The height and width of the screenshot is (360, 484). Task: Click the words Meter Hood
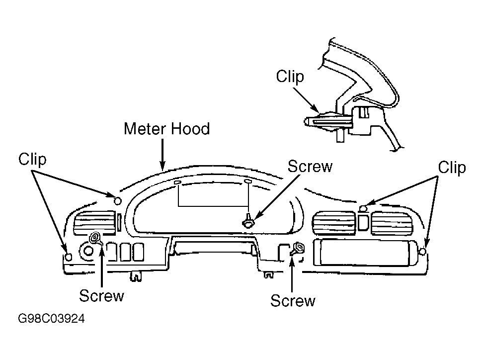(x=166, y=129)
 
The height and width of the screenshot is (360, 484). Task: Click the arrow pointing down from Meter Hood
(x=162, y=154)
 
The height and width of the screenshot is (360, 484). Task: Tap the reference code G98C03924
(x=51, y=318)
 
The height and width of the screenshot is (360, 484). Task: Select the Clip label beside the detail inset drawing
(x=290, y=76)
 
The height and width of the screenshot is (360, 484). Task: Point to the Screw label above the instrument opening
(x=310, y=167)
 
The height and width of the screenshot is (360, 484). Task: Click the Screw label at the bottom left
(x=101, y=295)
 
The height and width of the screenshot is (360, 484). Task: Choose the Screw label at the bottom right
(x=293, y=300)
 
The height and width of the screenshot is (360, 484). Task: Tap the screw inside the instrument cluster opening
(x=248, y=221)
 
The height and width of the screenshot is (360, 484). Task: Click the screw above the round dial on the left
(x=95, y=238)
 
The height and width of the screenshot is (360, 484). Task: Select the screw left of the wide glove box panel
(x=298, y=248)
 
